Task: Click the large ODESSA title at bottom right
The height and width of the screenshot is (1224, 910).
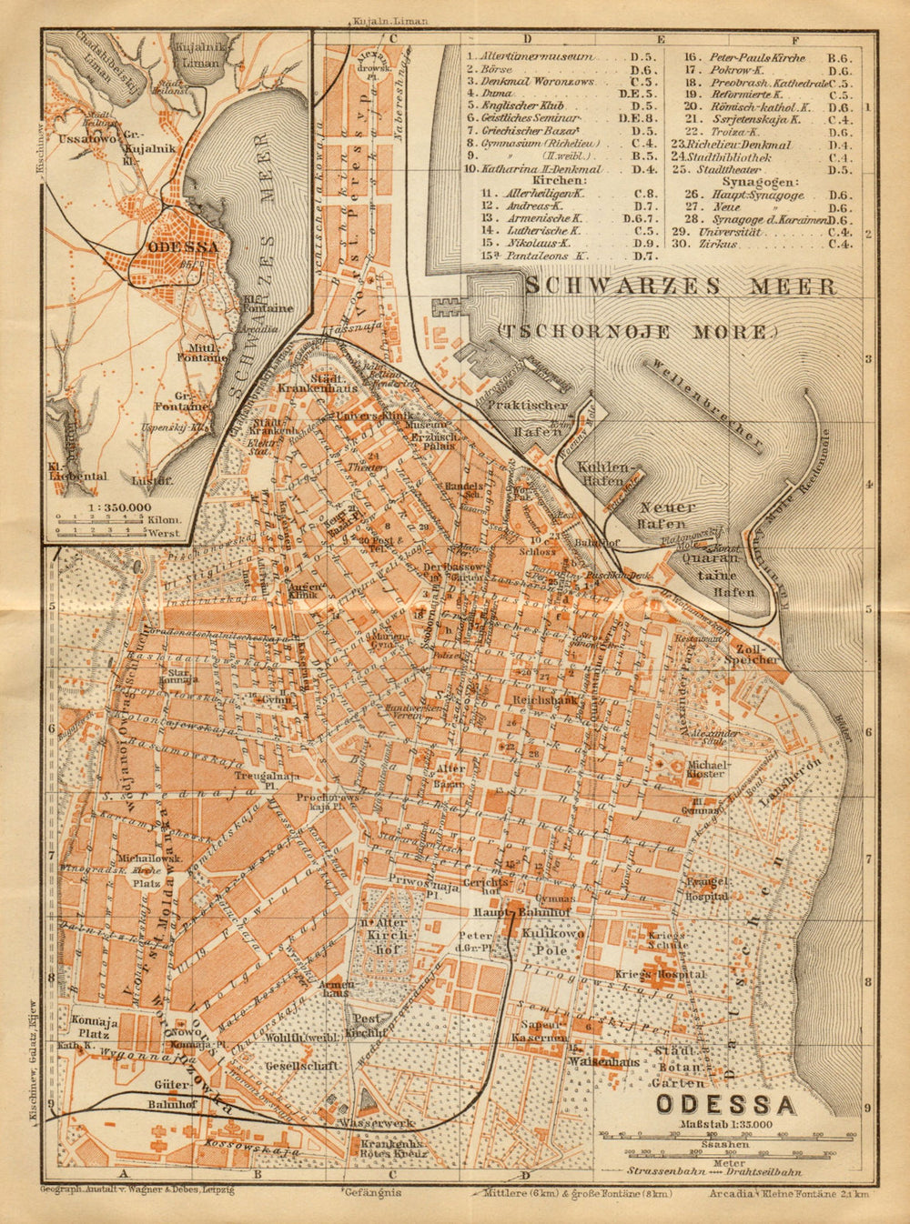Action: click(725, 1104)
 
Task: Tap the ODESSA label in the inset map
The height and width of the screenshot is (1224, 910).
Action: click(182, 246)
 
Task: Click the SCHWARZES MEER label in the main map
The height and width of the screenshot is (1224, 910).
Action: click(681, 286)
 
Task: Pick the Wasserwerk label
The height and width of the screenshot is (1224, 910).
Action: click(370, 1123)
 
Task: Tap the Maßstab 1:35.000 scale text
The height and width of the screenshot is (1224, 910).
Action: click(725, 1125)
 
